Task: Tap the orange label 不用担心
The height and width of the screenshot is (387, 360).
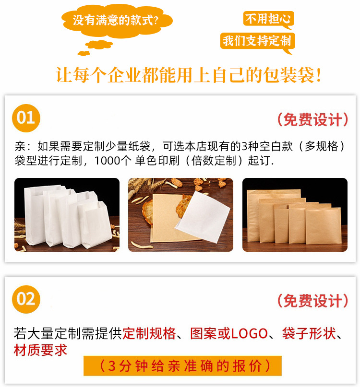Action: coord(268,19)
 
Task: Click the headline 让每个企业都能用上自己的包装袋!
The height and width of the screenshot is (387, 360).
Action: coord(189,75)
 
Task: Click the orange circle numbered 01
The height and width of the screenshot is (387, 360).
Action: coord(26,117)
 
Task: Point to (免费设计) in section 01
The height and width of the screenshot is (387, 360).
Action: coord(312,119)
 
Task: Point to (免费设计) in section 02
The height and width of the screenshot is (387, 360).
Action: coord(312,301)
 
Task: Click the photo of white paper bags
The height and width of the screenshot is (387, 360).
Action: coord(67,215)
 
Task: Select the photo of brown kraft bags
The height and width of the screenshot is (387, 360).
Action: coord(295,215)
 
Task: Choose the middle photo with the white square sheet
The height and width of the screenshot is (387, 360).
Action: coord(180,215)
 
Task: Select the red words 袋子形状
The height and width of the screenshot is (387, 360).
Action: coord(309,334)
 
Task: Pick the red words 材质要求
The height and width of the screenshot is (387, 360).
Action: coord(40,350)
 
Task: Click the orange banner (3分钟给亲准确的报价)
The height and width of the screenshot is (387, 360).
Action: coord(182,366)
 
